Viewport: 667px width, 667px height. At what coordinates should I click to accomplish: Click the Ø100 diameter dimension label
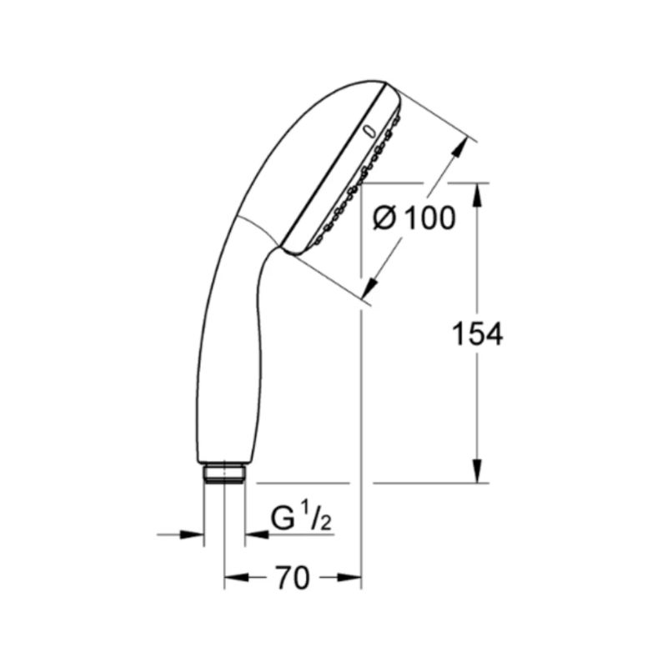[414, 218]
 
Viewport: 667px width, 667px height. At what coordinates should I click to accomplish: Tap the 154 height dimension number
[477, 334]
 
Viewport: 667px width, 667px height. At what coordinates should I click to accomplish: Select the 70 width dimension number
[293, 578]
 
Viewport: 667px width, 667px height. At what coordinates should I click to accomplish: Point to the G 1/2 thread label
[301, 516]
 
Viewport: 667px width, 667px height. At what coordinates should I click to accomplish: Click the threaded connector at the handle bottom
[224, 473]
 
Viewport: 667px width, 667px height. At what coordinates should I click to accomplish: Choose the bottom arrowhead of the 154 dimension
[477, 471]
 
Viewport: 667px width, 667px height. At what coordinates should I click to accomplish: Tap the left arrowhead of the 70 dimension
[236, 577]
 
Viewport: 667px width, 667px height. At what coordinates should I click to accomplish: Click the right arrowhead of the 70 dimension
[349, 577]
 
